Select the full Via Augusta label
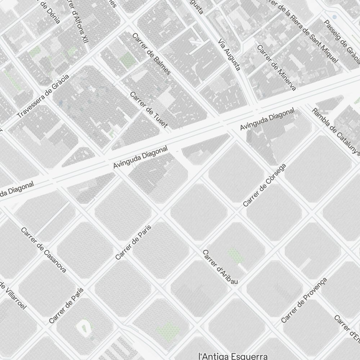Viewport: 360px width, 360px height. point(229,55)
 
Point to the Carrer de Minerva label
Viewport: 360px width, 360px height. point(276,68)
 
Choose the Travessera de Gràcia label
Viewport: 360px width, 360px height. point(43,96)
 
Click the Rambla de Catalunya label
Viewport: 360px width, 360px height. point(336,130)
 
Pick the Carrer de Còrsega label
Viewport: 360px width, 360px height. point(265,185)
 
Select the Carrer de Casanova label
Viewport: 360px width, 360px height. point(44,250)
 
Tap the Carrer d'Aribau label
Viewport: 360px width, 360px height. point(220,267)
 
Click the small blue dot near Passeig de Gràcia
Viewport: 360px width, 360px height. point(334,17)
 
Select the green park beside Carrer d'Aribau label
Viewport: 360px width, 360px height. point(236,255)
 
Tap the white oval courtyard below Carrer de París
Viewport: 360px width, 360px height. point(84,327)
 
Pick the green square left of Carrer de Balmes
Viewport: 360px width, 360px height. point(127,60)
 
